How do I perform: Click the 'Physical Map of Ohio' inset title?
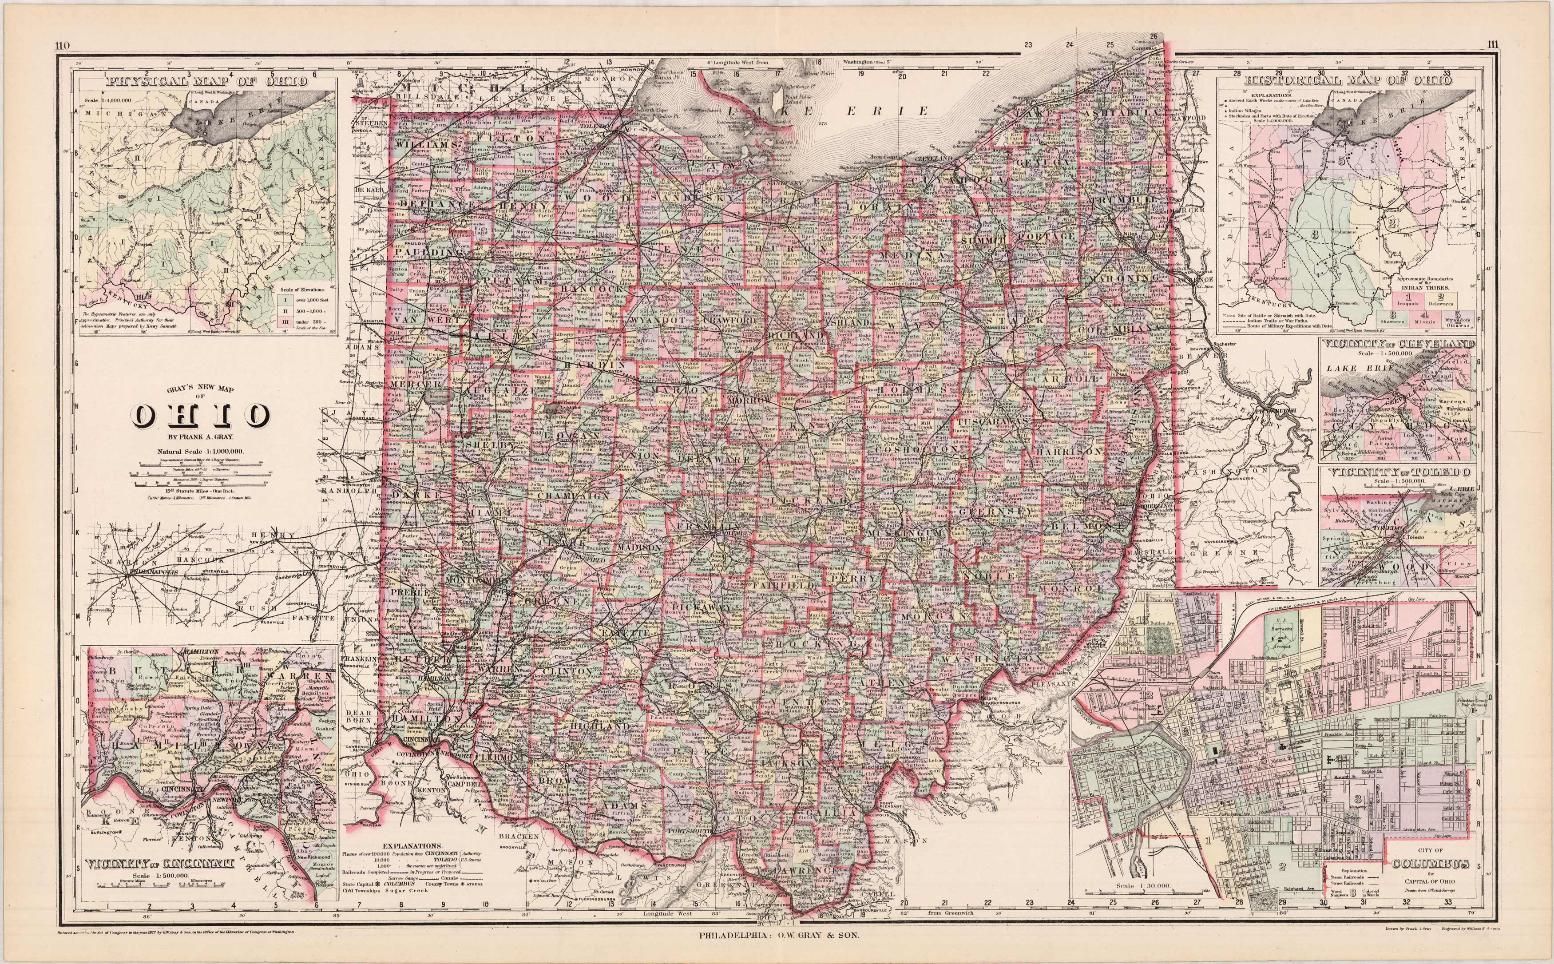(208, 82)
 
